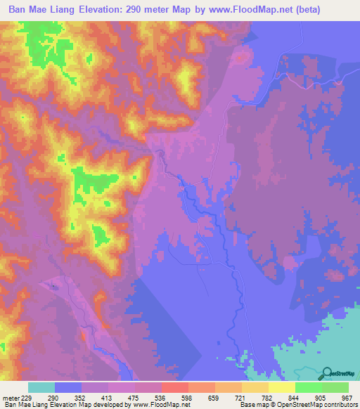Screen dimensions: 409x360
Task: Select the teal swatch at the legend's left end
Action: tap(41, 387)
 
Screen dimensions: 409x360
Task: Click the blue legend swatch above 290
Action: tap(68, 387)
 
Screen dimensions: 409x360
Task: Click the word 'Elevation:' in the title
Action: tap(117, 10)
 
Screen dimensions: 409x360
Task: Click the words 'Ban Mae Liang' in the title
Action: tap(45, 10)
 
